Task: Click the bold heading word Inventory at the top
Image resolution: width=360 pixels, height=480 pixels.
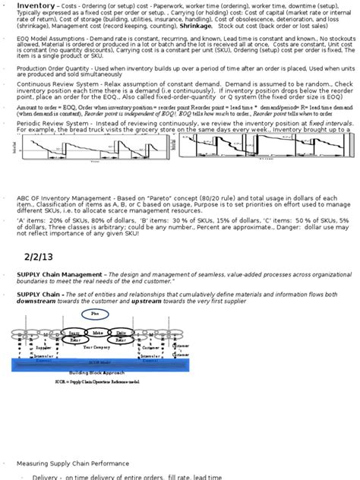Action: (x=35, y=5)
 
